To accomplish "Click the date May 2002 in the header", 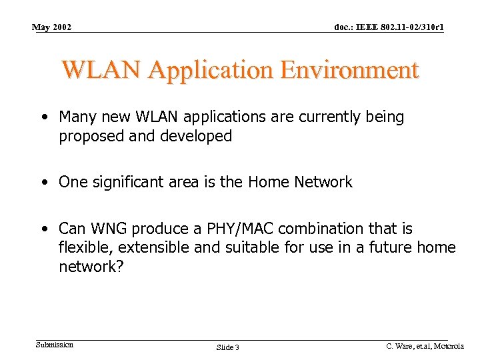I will click(x=52, y=27).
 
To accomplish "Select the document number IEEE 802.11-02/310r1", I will click(x=389, y=27).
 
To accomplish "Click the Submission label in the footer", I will click(x=55, y=345).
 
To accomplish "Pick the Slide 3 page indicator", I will click(x=228, y=347).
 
